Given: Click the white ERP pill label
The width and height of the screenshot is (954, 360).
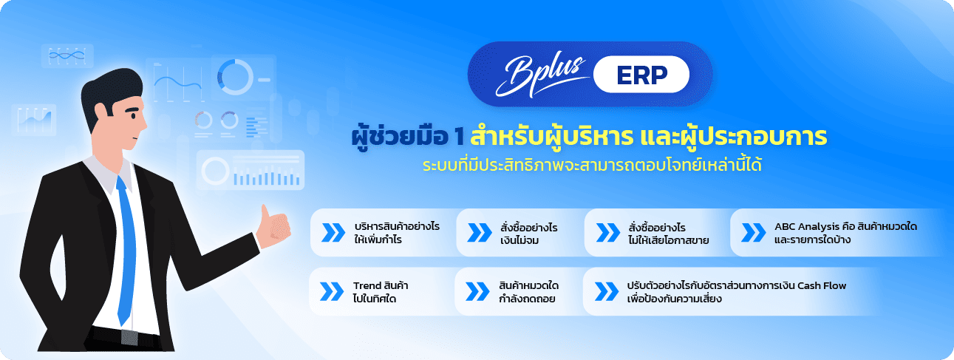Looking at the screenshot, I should pos(641,74).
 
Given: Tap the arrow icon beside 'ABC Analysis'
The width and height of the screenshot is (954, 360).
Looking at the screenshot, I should pos(753,232).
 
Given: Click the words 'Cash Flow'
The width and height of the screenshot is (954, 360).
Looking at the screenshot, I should pos(823,285).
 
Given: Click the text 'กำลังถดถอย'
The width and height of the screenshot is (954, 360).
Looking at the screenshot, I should pos(527,299).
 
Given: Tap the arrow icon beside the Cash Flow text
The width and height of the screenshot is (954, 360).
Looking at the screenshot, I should pos(605,291).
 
